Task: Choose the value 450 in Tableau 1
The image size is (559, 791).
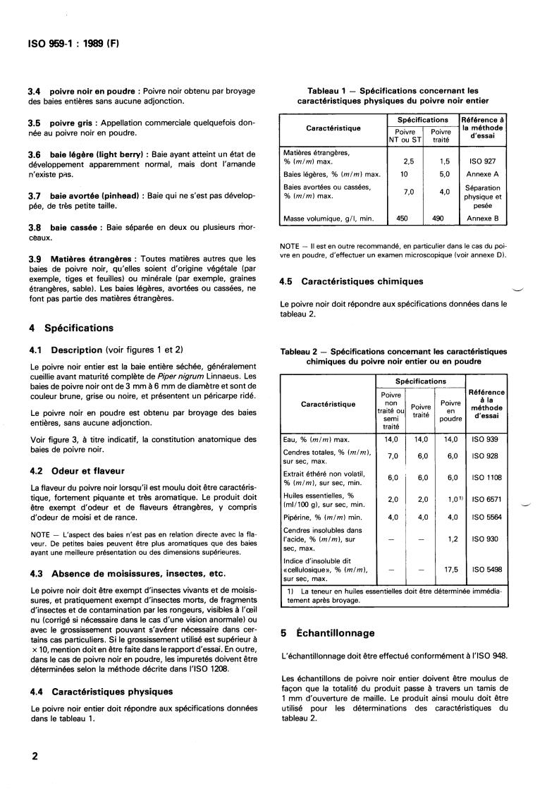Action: click(402, 219)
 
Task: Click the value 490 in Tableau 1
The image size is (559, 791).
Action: click(438, 219)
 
